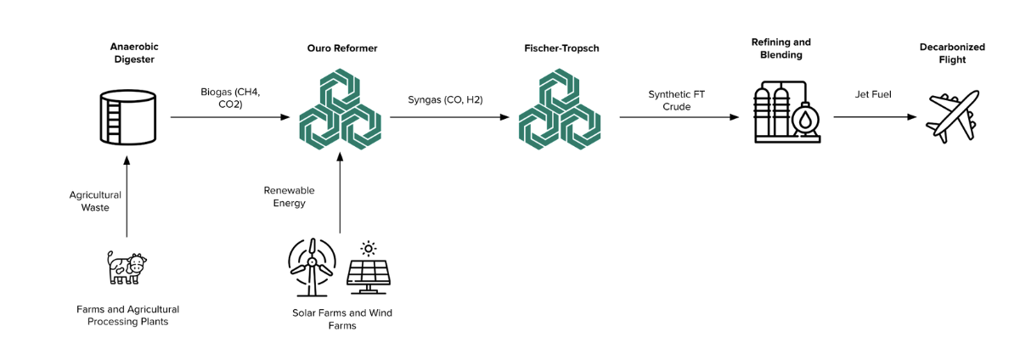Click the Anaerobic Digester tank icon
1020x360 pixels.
pos(126,117)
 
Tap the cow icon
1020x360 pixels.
pos(127,267)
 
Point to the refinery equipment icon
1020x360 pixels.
pos(786,113)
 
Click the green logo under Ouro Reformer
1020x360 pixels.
pos(340,112)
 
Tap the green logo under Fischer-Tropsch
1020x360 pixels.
pos(560,112)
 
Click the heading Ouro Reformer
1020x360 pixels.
pos(341,48)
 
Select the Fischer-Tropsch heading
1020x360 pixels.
pos(561,48)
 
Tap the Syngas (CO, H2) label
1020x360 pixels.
pos(445,99)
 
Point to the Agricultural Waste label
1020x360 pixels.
pos(95,201)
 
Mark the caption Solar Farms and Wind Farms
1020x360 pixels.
pos(341,319)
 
